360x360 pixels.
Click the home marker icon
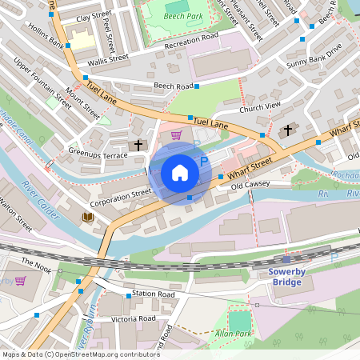coord(180,173)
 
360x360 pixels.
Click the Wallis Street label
coord(108,58)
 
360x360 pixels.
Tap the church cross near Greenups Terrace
coord(138,145)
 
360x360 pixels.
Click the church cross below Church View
coord(288,130)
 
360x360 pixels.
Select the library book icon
coord(87,218)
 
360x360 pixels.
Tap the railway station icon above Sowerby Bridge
coord(286,259)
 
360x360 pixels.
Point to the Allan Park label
coord(233,333)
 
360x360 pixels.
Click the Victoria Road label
coord(134,318)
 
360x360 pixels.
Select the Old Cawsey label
coord(250,185)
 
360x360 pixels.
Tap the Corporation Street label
coord(120,193)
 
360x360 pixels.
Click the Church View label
coord(260,105)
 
